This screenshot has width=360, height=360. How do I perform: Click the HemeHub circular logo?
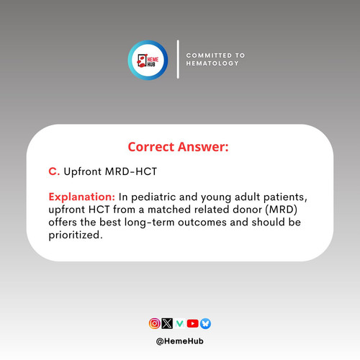coord(148,60)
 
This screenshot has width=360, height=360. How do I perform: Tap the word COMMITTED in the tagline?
coord(209,55)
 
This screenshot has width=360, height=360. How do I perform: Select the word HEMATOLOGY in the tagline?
coord(212,63)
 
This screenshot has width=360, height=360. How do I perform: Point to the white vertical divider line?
coord(178,59)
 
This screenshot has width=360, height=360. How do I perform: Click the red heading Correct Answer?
coord(178,147)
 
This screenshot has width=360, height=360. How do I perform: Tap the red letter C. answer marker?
coord(54,171)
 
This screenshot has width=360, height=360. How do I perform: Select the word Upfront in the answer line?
coord(83,172)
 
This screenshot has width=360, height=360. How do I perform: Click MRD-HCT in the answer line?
coord(131,171)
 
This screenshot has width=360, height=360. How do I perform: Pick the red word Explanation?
coord(82,197)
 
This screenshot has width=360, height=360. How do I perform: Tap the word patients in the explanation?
coord(285,197)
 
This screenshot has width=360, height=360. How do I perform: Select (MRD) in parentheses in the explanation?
coord(282,210)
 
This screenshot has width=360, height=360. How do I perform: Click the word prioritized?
coord(76,235)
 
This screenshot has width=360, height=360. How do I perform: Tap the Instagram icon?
coord(155,323)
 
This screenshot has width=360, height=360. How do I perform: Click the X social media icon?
coord(167,323)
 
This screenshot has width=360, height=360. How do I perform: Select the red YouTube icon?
coord(193,323)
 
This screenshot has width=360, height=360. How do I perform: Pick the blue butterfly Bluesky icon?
coord(205,323)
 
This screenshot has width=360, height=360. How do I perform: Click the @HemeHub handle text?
coord(180,341)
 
